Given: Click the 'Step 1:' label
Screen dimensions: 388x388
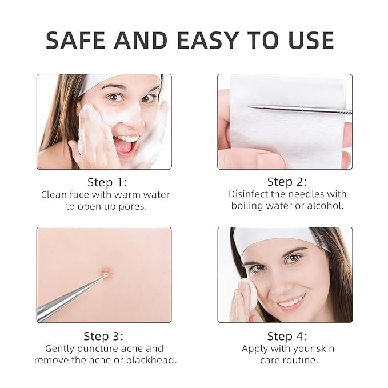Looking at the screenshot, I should pyautogui.click(x=107, y=182).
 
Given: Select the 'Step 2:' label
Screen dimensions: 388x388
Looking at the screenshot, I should pyautogui.click(x=287, y=182).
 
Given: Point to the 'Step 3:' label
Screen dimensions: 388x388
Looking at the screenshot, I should pyautogui.click(x=103, y=336).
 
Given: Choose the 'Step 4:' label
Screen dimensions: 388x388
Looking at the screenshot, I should pyautogui.click(x=287, y=336).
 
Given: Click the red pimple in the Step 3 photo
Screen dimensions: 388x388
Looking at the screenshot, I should pyautogui.click(x=105, y=274).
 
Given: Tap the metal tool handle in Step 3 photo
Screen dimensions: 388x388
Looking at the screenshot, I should pyautogui.click(x=63, y=299).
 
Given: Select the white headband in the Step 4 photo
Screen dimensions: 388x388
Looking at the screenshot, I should pyautogui.click(x=280, y=238).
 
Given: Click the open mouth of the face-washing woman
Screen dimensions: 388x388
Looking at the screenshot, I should pyautogui.click(x=125, y=145).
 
